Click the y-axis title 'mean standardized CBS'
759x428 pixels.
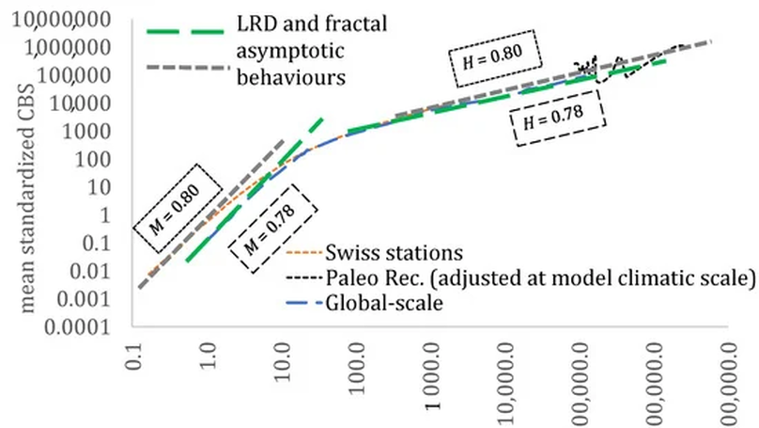coord(17,179)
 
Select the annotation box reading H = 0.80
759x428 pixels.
coord(494,55)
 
